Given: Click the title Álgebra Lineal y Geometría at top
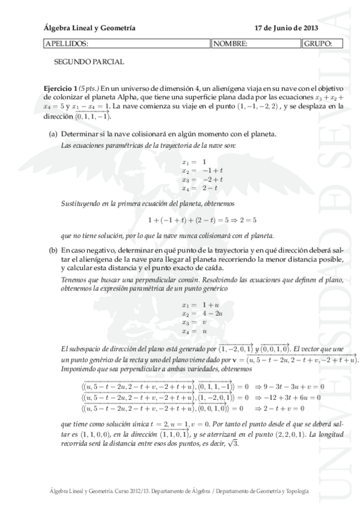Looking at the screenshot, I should [90, 28].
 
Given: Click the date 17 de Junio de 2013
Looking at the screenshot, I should [286, 28].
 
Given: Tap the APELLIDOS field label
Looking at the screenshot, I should [67, 43].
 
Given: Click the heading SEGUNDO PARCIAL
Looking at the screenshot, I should [89, 61].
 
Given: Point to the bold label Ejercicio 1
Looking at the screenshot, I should [62, 87].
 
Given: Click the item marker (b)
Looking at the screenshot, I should [53, 250].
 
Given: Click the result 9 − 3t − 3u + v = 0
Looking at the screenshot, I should [290, 386].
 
